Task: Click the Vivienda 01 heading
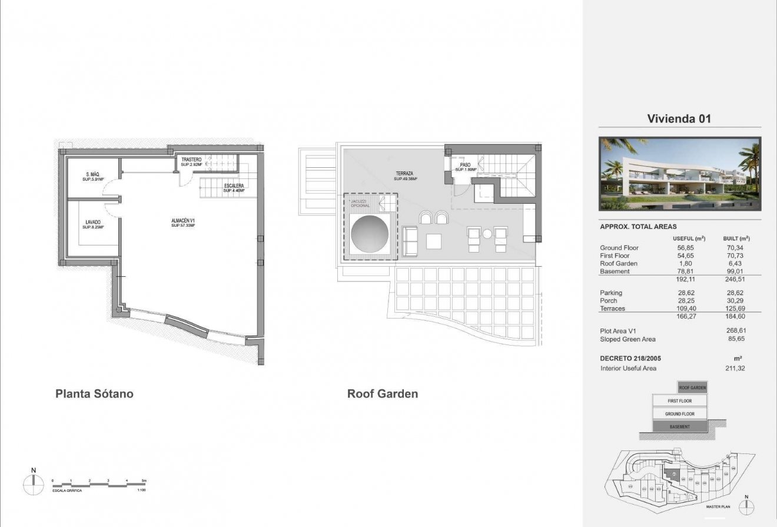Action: [x=679, y=118]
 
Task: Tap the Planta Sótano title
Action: [x=94, y=394]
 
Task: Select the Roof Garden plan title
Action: [x=383, y=394]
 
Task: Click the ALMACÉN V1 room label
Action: [x=182, y=223]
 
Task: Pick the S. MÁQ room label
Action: [x=92, y=176]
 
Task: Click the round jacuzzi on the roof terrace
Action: [x=370, y=234]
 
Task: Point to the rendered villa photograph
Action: [x=679, y=174]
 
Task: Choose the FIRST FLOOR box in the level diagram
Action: [x=679, y=401]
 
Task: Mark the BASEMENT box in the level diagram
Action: [x=679, y=426]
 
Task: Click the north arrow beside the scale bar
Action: [x=34, y=483]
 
